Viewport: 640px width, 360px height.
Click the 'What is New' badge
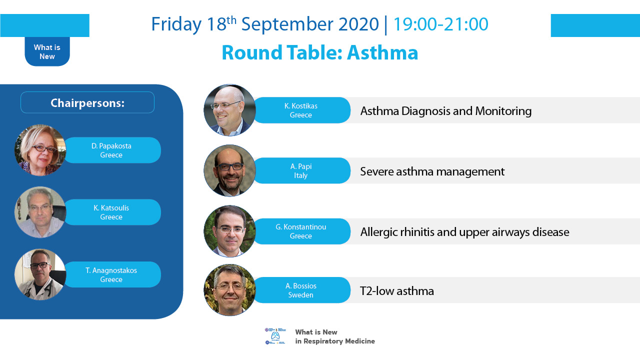click(47, 51)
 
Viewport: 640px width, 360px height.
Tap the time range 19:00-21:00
click(441, 24)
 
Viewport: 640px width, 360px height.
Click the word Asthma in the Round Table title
click(382, 53)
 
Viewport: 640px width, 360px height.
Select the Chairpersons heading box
click(87, 102)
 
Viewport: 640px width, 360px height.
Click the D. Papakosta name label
click(111, 150)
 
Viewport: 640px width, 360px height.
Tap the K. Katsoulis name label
click(111, 212)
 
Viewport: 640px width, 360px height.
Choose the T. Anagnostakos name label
click(111, 274)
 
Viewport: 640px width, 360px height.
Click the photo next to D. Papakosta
click(40, 150)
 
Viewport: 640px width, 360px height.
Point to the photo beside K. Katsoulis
click(40, 212)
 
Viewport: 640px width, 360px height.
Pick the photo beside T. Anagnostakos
click(40, 274)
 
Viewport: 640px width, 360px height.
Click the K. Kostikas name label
click(301, 110)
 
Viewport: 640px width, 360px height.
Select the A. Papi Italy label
click(301, 170)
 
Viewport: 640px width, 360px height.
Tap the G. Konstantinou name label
click(301, 231)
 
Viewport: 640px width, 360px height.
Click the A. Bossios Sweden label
click(301, 290)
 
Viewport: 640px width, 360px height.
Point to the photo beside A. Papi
click(229, 170)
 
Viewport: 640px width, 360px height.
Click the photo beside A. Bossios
click(229, 290)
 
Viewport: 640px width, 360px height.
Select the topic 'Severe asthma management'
click(432, 171)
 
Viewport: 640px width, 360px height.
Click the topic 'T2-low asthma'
click(397, 291)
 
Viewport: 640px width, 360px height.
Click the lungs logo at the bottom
click(275, 336)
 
